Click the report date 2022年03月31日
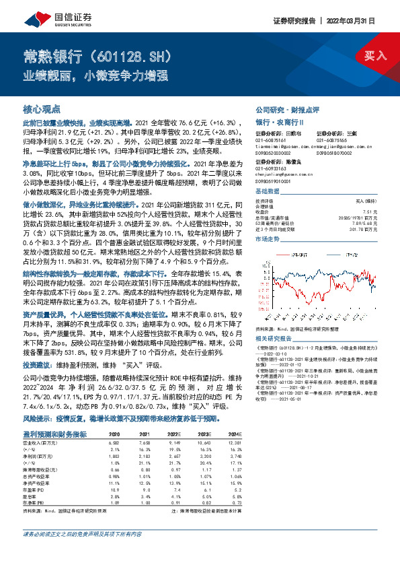(364, 20)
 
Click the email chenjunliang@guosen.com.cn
(282, 144)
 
